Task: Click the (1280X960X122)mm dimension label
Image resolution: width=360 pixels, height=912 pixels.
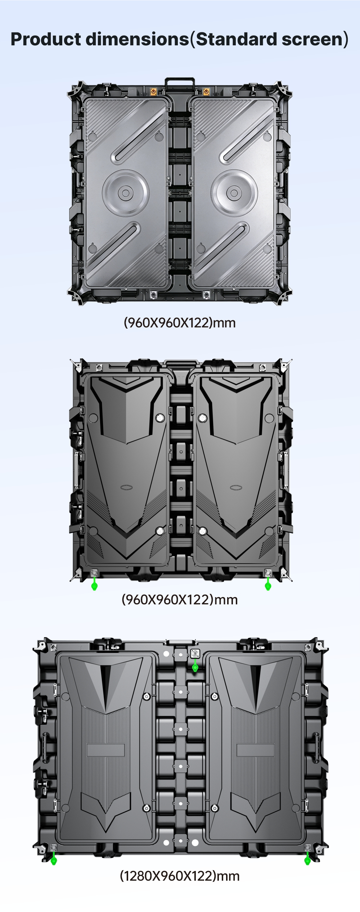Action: tap(180, 876)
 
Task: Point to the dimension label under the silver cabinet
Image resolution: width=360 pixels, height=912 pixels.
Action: tap(180, 322)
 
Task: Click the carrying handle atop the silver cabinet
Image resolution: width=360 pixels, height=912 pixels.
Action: tap(180, 83)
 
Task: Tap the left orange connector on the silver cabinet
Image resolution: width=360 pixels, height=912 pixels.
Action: tap(153, 91)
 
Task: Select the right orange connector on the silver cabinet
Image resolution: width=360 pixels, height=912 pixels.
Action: tap(206, 91)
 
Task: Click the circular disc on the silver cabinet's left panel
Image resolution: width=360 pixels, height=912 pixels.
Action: tap(125, 193)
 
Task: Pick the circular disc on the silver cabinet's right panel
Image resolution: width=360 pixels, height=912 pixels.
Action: tap(234, 193)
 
